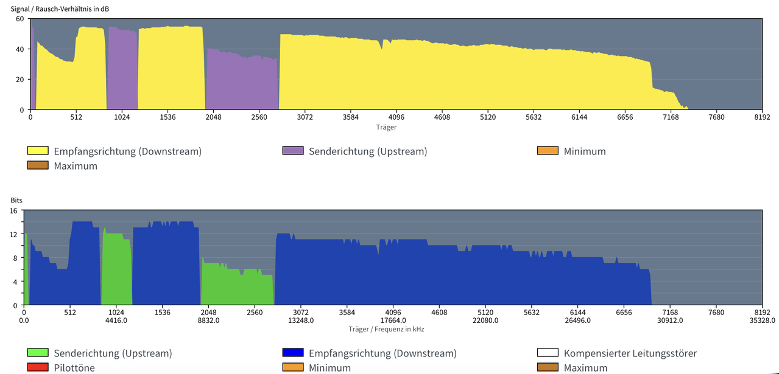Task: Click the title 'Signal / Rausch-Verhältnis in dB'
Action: click(x=60, y=9)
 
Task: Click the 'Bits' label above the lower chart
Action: click(x=16, y=200)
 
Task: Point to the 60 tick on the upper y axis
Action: click(x=20, y=19)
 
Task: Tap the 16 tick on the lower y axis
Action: click(x=13, y=211)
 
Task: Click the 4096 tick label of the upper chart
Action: click(x=396, y=117)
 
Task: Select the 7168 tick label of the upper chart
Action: click(x=671, y=117)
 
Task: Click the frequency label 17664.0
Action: click(x=393, y=320)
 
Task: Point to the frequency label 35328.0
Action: click(x=762, y=320)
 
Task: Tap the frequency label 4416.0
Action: click(x=116, y=320)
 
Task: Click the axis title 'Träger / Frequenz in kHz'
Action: click(x=386, y=329)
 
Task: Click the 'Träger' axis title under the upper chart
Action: click(x=386, y=127)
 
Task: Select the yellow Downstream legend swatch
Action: click(x=38, y=151)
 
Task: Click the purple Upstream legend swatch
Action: click(x=293, y=151)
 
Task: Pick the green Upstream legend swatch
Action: click(x=38, y=353)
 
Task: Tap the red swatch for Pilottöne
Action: click(x=38, y=367)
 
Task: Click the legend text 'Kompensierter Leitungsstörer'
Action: click(x=630, y=353)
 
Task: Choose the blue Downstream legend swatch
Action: click(x=293, y=353)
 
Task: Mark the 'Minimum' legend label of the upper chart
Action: click(x=585, y=151)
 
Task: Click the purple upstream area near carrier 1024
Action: click(x=122, y=69)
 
